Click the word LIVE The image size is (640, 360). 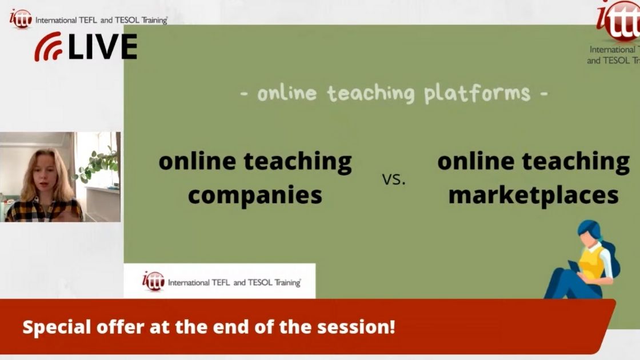click(103, 47)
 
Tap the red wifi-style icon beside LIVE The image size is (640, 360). click(48, 47)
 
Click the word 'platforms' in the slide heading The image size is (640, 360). click(477, 93)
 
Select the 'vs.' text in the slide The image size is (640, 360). click(393, 179)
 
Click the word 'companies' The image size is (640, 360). click(255, 195)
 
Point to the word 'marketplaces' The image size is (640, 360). click(533, 195)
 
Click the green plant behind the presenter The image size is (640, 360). click(98, 163)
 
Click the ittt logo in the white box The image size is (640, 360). click(153, 281)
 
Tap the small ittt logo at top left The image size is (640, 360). click(21, 18)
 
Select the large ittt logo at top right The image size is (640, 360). click(620, 20)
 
